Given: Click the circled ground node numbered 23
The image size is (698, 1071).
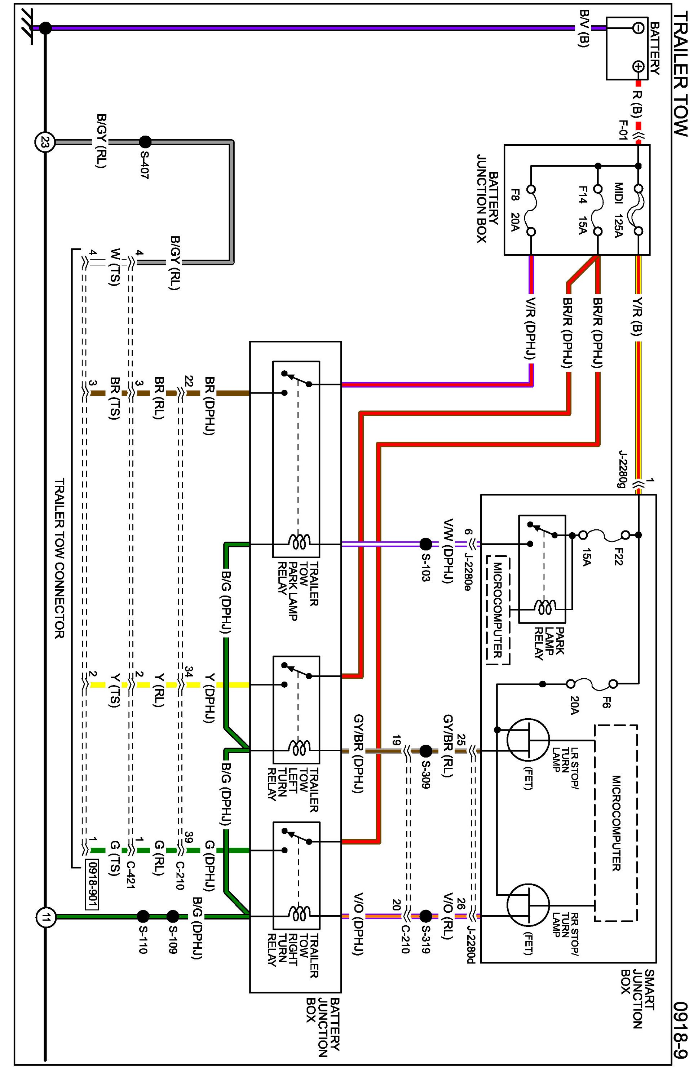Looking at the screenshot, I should (45, 143).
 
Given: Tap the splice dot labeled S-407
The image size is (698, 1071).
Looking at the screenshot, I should (145, 142).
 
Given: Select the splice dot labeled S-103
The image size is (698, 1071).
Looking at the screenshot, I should (426, 544).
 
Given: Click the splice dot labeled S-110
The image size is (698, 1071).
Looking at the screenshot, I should (143, 916).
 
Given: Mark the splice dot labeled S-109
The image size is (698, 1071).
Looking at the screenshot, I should (173, 916).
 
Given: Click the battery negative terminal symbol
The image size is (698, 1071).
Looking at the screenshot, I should (638, 28).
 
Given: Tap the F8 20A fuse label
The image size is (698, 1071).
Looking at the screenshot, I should (515, 210).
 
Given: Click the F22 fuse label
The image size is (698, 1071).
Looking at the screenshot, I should (618, 556).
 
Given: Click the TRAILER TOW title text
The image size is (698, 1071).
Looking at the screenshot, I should (680, 74).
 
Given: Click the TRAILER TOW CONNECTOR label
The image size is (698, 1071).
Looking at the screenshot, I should (59, 558).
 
